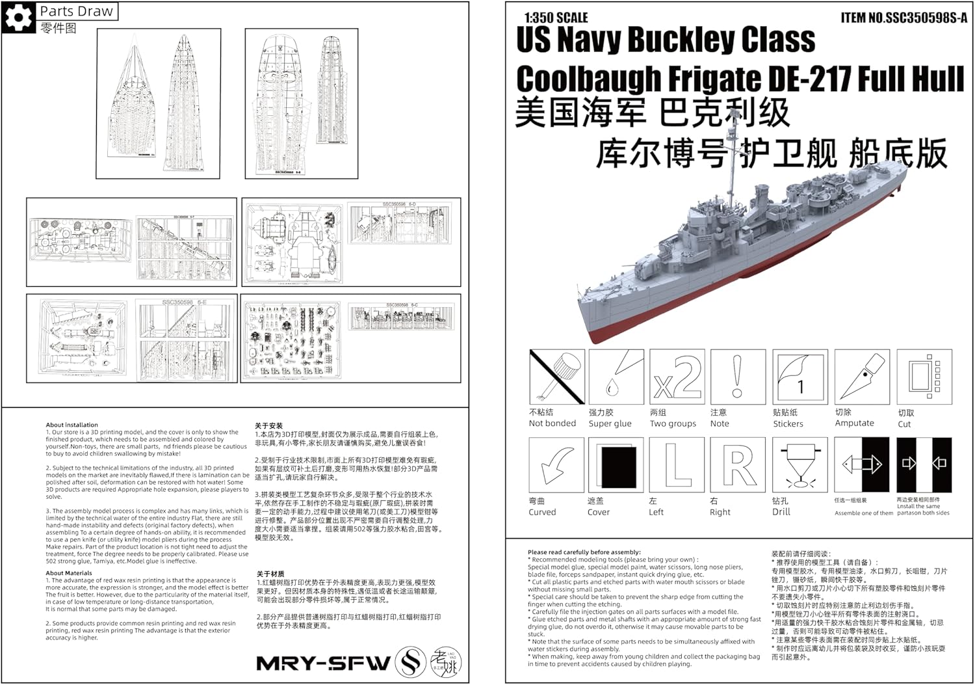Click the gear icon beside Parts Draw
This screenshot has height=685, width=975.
[x=18, y=18]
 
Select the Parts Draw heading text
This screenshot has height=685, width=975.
[x=76, y=11]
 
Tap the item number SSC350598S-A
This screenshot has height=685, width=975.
[x=903, y=18]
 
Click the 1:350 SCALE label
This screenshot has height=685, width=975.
[x=556, y=18]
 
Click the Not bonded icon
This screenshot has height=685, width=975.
[x=557, y=377]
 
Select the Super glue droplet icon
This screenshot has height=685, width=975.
[x=616, y=377]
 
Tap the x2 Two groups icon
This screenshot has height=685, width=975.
[x=677, y=377]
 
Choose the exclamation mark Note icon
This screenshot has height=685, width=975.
[x=737, y=377]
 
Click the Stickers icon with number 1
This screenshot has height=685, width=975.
[x=799, y=377]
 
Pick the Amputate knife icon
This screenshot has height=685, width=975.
[x=861, y=377]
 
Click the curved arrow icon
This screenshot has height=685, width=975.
[x=556, y=465]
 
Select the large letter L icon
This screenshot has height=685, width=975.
[x=677, y=465]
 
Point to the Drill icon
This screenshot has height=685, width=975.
[x=799, y=465]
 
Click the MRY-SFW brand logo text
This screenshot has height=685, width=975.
[x=323, y=663]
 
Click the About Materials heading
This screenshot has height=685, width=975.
[x=69, y=573]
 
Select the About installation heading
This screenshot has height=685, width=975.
[x=71, y=425]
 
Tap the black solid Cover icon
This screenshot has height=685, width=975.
[x=616, y=465]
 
